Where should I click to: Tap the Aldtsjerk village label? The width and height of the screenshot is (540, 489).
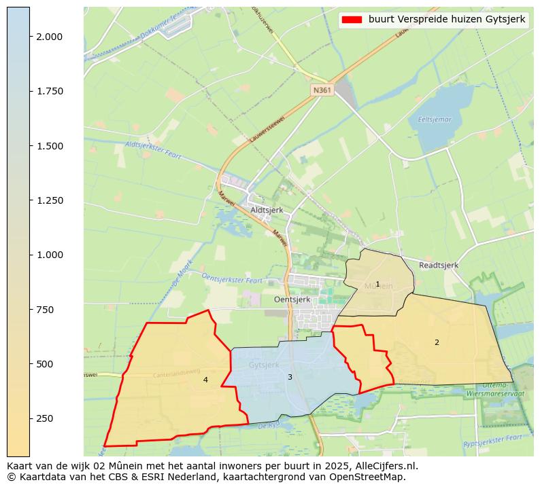[x=267, y=210]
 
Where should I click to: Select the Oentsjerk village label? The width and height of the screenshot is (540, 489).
[x=292, y=299]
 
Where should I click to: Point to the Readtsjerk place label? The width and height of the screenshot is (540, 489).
[x=439, y=265]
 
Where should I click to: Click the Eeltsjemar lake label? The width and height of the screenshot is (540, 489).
[x=435, y=120]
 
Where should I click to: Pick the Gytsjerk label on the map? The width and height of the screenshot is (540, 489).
[x=264, y=365]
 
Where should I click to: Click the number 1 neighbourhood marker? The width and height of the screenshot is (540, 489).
[x=377, y=284]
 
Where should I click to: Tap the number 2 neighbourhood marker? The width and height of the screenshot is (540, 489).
[x=437, y=342]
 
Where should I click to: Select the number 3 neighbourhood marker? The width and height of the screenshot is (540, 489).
[x=290, y=377]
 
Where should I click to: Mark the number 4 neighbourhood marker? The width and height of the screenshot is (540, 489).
[x=205, y=380]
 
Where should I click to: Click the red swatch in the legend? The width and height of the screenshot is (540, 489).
[x=352, y=20]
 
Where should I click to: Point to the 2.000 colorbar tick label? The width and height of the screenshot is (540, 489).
[x=50, y=37]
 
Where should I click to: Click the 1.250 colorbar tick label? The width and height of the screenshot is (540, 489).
[x=50, y=200]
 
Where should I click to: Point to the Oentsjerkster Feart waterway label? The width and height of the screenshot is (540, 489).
[x=232, y=278]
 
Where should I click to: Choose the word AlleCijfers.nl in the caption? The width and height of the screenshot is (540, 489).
[x=384, y=466]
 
